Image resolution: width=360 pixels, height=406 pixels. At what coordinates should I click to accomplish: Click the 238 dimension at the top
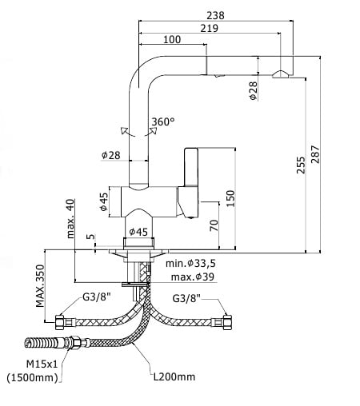click(x=215, y=15)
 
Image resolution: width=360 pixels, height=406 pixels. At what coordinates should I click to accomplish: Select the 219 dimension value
click(x=210, y=28)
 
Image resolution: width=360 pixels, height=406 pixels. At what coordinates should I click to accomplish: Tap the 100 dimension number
click(x=172, y=39)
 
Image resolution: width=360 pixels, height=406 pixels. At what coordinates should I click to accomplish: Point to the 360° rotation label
click(x=163, y=121)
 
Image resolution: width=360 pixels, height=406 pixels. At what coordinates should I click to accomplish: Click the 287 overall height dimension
click(x=315, y=154)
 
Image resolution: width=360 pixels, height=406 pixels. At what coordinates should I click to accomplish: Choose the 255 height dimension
click(x=301, y=165)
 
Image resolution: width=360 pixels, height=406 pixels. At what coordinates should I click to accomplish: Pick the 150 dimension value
click(x=230, y=198)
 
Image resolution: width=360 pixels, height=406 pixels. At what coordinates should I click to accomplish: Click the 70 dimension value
click(x=214, y=225)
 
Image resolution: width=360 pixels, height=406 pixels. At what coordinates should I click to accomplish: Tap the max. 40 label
click(x=70, y=218)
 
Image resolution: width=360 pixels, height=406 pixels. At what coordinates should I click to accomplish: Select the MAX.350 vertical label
click(x=40, y=286)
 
